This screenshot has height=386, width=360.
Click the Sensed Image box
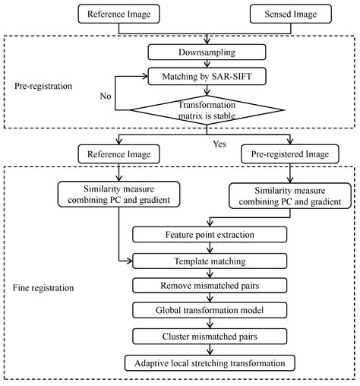(291, 14)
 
